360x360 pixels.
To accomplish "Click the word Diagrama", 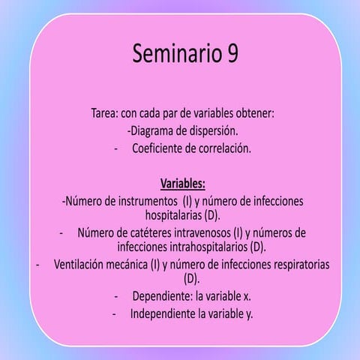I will [156, 130].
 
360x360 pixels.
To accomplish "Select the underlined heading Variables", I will [182, 183].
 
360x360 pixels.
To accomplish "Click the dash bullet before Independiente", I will [114, 313].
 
